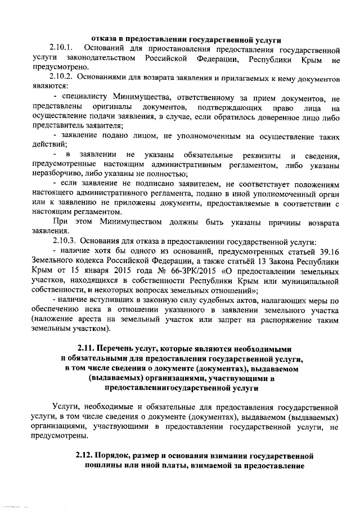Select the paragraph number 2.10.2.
pos(60,77)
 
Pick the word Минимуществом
pos(123,222)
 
